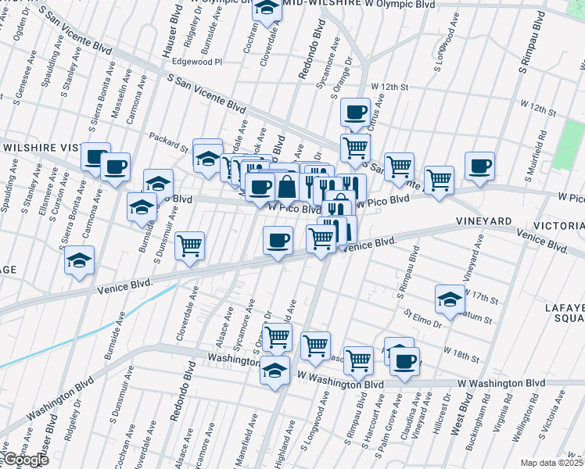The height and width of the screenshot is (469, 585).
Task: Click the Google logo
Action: (25, 460)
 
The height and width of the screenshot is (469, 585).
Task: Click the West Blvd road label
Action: (465, 414)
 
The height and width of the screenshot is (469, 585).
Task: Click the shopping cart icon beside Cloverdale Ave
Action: (189, 246)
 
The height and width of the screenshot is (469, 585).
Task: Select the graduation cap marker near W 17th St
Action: (450, 299)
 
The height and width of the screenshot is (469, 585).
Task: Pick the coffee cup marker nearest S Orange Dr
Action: (355, 112)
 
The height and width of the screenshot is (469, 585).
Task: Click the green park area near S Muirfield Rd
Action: (569, 145)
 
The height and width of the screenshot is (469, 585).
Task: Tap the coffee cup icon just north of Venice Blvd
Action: (278, 241)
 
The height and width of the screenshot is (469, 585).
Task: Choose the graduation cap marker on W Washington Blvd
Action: (275, 371)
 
